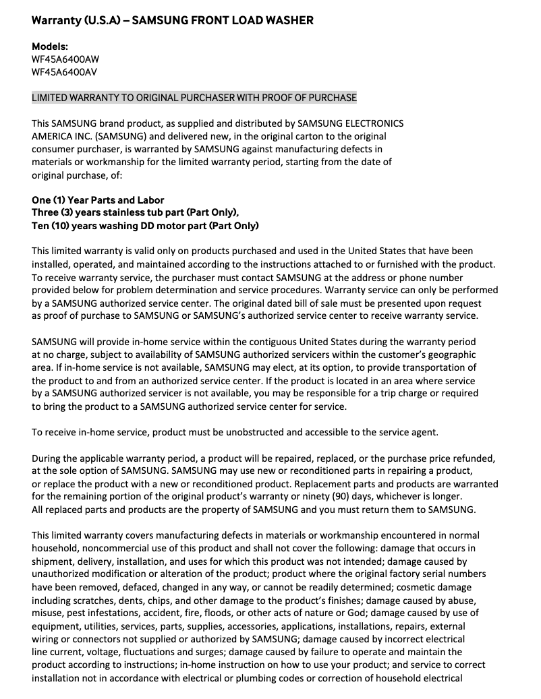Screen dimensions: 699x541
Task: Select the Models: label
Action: click(50, 47)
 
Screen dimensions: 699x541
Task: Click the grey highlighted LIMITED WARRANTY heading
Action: click(194, 98)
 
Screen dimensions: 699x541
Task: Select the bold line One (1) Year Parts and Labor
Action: click(98, 200)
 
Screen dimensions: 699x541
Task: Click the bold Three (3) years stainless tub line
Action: click(135, 213)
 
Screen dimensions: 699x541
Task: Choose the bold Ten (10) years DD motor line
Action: click(145, 226)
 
